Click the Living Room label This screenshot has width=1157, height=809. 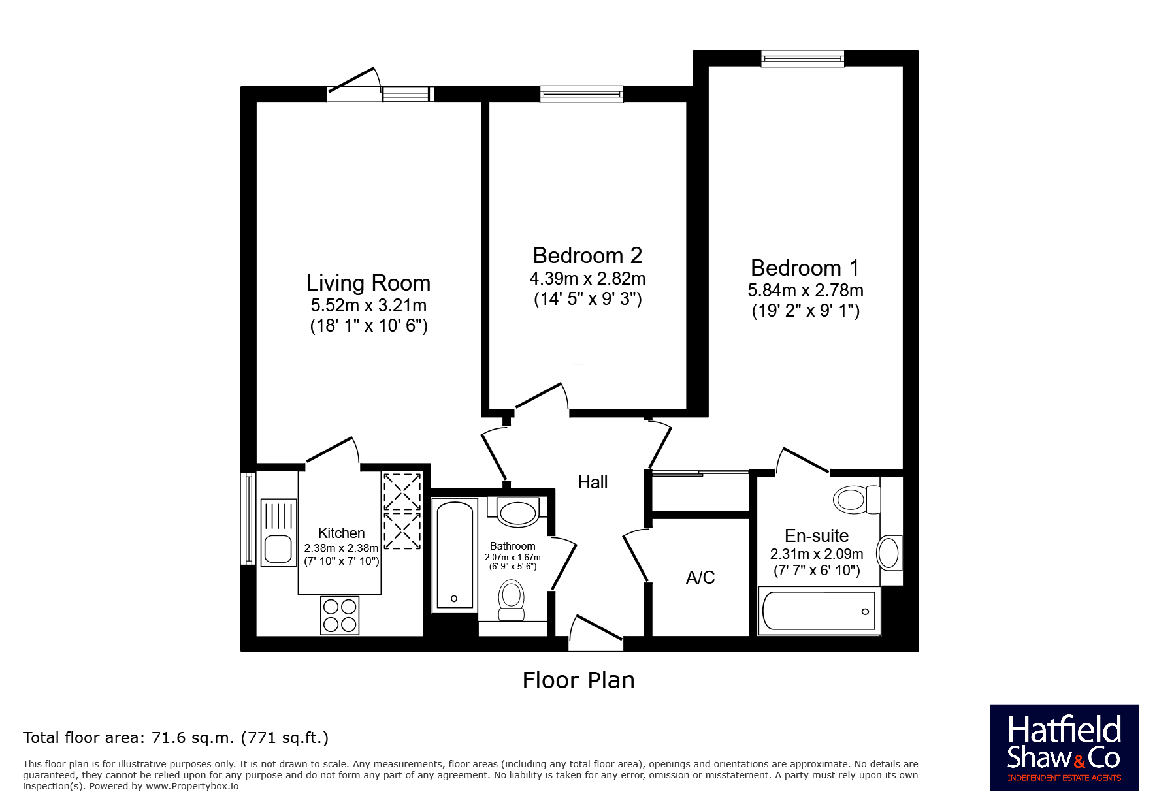coord(368,283)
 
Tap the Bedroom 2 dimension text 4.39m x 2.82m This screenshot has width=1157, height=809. coord(587,279)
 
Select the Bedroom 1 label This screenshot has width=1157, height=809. coord(805,268)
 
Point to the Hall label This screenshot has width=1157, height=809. coord(593,482)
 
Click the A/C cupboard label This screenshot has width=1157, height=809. coord(700,577)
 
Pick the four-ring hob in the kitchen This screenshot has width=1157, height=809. coord(340,615)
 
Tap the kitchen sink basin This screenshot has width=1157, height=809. coord(278,549)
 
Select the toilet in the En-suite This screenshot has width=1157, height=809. coord(856,500)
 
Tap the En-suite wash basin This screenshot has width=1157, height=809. coord(890,554)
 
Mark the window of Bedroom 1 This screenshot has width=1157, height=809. coord(802,59)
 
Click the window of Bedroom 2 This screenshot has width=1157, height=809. coord(581,95)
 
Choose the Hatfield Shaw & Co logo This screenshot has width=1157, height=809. coord(1064,748)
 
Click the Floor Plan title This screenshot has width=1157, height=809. coord(578,680)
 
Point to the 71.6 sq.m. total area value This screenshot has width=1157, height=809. coord(193,738)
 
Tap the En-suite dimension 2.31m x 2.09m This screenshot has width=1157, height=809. coord(817,554)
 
